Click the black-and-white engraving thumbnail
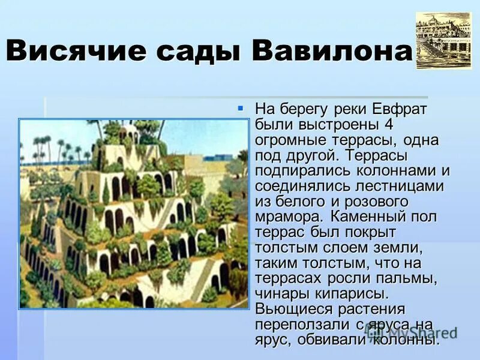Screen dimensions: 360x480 (444, 40)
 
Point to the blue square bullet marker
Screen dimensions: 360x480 (241, 109)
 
